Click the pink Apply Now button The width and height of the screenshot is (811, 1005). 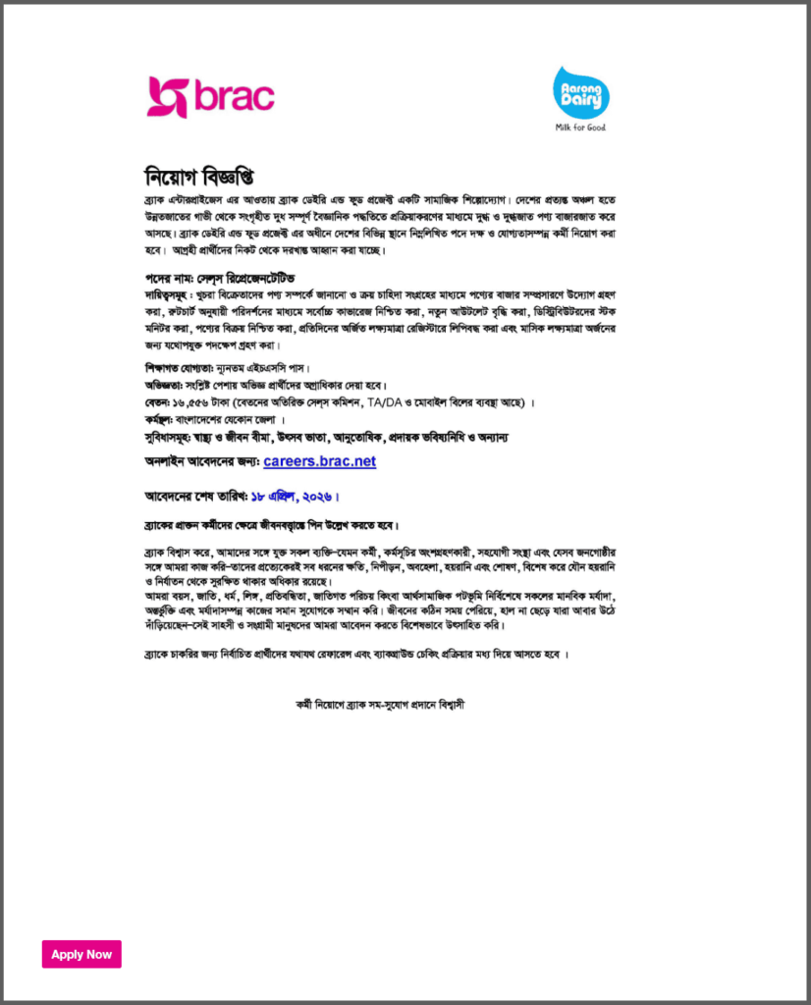81,954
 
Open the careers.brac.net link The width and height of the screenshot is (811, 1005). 319,461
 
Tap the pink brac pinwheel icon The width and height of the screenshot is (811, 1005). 166,97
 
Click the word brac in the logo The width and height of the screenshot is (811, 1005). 234,97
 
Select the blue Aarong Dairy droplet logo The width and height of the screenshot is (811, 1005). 580,92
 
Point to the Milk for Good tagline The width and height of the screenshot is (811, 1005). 580,128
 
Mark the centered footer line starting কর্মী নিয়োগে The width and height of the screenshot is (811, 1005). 405,705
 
